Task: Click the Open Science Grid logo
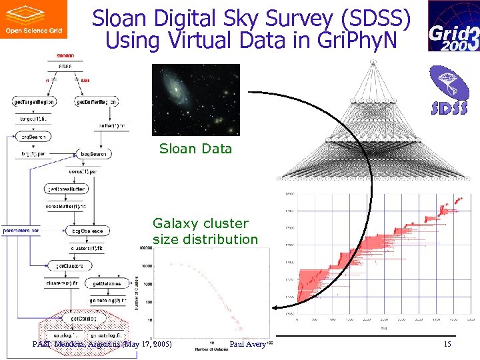point(33,19)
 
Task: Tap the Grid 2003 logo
point(453,26)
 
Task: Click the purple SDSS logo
point(448,90)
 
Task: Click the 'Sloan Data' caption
point(195,149)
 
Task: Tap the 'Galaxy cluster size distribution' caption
point(205,231)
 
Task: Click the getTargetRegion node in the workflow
point(34,102)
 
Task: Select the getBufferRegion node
point(97,102)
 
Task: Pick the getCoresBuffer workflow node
point(66,189)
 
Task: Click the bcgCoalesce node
point(87,231)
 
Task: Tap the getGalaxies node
point(103,283)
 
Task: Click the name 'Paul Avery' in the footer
point(247,344)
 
